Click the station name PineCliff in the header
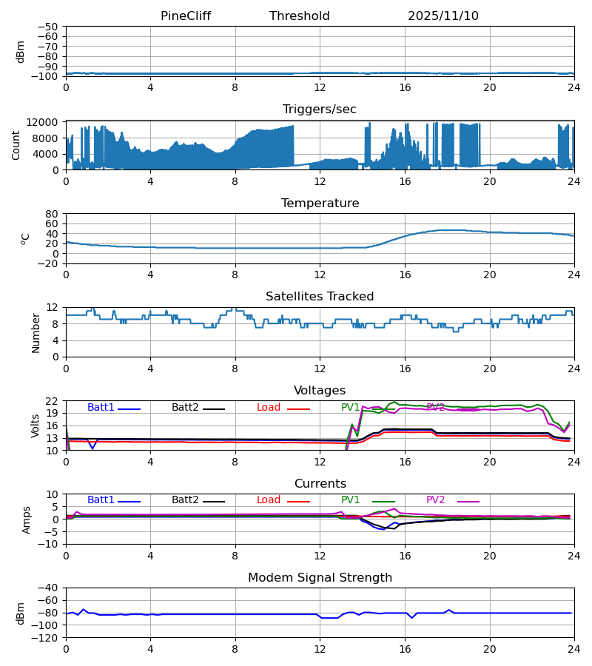click(186, 16)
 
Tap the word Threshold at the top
click(299, 16)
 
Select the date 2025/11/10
click(443, 16)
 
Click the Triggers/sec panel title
click(319, 110)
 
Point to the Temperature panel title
click(320, 203)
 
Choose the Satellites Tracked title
click(320, 297)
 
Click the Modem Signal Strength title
click(320, 578)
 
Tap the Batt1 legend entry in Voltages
click(101, 408)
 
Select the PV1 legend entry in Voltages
click(351, 408)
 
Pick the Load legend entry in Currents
click(269, 500)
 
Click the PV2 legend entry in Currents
click(436, 500)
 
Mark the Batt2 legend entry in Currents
click(185, 500)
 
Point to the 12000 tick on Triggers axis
click(47, 122)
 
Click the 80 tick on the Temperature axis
click(53, 214)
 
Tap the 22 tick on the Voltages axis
click(53, 401)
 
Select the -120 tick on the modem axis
click(47, 638)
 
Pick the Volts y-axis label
click(36, 425)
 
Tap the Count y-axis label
click(16, 145)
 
